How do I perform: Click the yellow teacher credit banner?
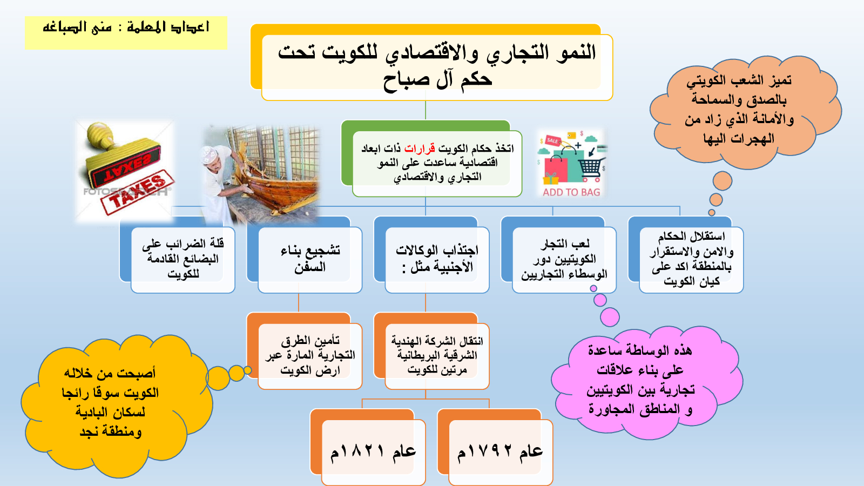126,33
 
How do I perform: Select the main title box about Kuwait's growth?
431,63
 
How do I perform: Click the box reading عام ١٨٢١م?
368,448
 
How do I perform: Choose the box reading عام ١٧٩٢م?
495,448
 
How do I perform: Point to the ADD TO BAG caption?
571,192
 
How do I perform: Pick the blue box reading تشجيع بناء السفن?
305,255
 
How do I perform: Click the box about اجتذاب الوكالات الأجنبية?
431,255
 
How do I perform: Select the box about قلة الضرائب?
178,255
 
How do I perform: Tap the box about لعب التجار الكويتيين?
558,255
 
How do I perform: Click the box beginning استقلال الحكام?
686,255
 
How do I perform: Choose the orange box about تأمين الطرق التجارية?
305,351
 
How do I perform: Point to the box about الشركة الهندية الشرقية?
431,351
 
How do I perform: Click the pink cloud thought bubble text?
640,380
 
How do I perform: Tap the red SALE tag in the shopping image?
552,140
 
